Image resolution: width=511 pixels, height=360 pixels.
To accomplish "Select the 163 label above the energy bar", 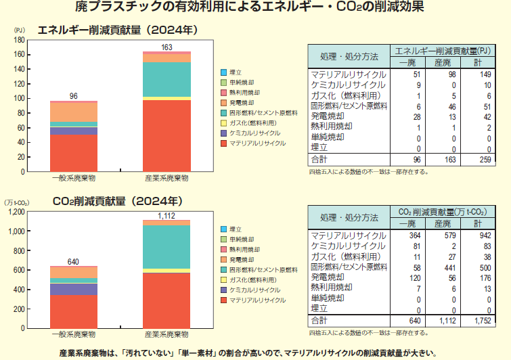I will (166, 47).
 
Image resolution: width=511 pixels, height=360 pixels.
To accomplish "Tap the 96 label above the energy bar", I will (74, 96).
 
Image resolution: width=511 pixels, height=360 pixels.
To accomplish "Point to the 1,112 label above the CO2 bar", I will (166, 215).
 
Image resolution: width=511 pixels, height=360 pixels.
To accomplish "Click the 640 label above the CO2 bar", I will (74, 261).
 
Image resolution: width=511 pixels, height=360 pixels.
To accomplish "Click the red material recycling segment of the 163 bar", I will (166, 135).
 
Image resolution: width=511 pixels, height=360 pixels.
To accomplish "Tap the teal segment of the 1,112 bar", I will (166, 247).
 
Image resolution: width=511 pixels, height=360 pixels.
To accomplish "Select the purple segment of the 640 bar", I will (74, 289).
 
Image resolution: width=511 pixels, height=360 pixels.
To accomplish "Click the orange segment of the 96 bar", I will (74, 112).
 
